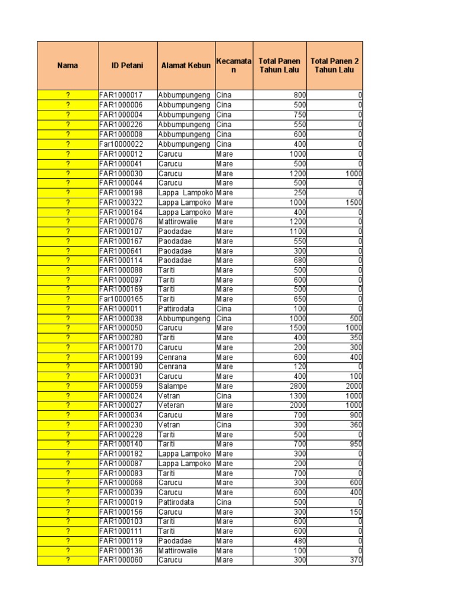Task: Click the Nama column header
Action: point(68,65)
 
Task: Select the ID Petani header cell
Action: point(127,65)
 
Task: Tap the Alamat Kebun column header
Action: point(186,65)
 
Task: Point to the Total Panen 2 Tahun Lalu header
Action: point(334,65)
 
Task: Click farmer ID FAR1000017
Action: point(121,95)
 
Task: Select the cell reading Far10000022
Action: point(121,144)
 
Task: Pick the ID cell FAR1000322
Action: point(121,202)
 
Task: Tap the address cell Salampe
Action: point(173,386)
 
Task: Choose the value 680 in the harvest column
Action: point(299,261)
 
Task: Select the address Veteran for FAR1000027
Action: point(172,406)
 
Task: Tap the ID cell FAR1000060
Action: point(121,560)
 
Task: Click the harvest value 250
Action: point(299,193)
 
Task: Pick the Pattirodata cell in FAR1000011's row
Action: point(176,309)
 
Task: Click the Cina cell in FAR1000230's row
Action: point(224,425)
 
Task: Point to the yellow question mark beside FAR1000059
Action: point(68,386)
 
